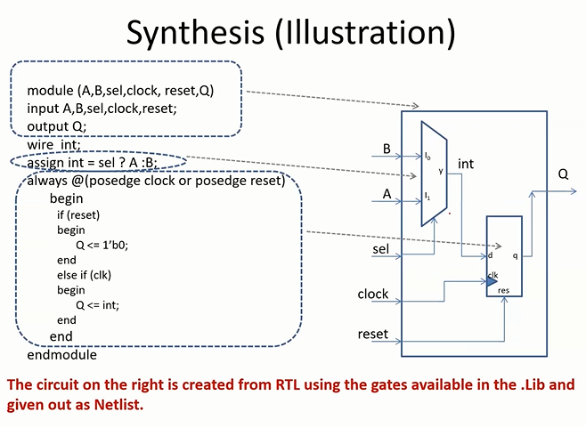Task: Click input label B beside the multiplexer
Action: [x=387, y=149]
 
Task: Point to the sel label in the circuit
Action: [x=382, y=249]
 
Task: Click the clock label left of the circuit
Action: [x=373, y=294]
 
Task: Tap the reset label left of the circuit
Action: [x=373, y=334]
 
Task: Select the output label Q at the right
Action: [x=563, y=174]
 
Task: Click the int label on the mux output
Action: [x=466, y=164]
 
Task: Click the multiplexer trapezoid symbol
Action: [x=435, y=174]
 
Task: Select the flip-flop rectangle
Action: [x=504, y=256]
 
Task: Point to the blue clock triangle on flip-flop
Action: [x=492, y=281]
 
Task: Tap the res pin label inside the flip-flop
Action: [x=503, y=289]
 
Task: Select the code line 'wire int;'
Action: [x=54, y=145]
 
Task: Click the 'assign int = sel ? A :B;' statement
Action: [x=93, y=163]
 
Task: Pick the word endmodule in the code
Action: [x=61, y=354]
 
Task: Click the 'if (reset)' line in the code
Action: [x=78, y=214]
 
